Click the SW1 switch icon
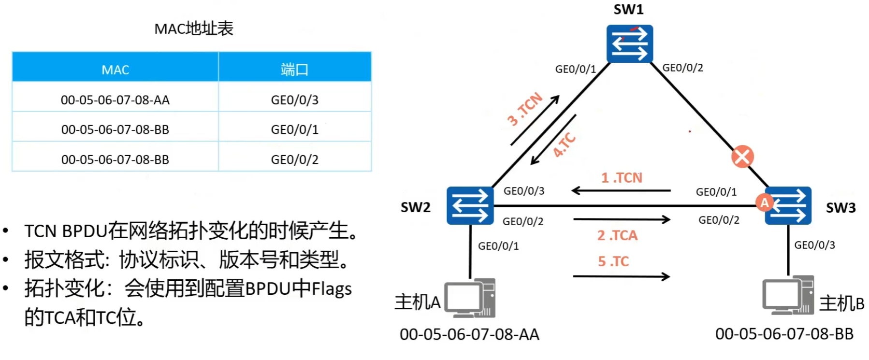[x=629, y=44]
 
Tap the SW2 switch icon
[x=470, y=206]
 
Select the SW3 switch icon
[x=788, y=206]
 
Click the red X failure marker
[x=742, y=157]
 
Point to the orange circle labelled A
[x=764, y=202]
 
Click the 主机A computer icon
[x=470, y=298]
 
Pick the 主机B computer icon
[x=788, y=296]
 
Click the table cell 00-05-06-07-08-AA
[x=115, y=100]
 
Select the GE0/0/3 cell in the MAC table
[x=294, y=100]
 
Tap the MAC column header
[x=115, y=70]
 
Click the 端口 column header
[x=294, y=70]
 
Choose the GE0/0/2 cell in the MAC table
[x=294, y=159]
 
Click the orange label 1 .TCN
[x=622, y=178]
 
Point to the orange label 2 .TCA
[x=617, y=235]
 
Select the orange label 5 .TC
[x=613, y=261]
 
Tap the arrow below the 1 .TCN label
[x=621, y=191]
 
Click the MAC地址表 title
[x=194, y=29]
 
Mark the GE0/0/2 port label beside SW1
[x=682, y=68]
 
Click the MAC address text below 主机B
[x=784, y=334]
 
